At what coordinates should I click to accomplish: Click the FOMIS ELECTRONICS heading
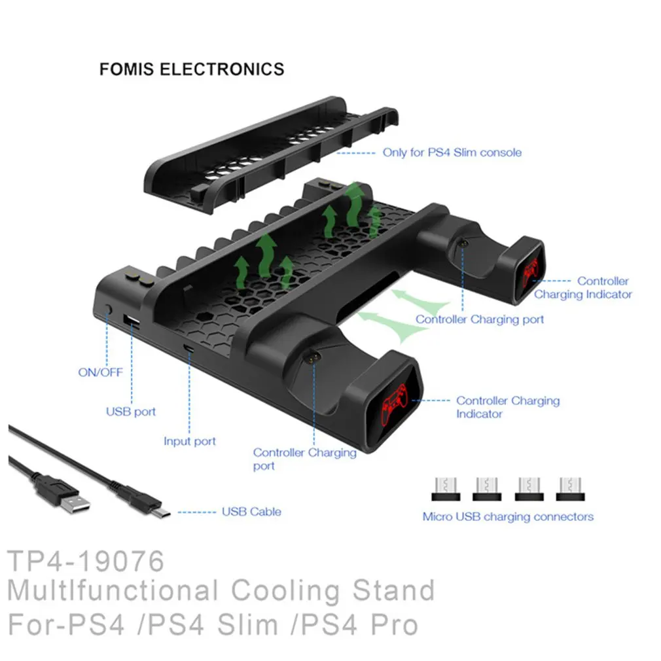point(192,69)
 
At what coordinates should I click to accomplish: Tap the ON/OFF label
point(100,372)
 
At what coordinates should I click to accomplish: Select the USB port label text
point(131,412)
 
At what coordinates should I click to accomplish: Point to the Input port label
point(190,441)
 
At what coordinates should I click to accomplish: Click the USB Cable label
point(252,511)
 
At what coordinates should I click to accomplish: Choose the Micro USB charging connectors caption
point(508,517)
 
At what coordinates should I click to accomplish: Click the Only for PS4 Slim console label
point(452,152)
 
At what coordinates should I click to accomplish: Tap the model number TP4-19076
point(86,561)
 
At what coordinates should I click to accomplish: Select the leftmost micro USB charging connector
point(446,489)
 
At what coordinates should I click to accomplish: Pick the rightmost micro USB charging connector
point(570,489)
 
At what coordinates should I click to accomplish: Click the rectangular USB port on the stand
point(132,321)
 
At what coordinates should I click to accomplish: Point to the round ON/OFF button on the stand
point(109,309)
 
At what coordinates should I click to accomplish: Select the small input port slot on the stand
point(188,348)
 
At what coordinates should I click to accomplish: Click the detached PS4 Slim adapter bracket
point(270,154)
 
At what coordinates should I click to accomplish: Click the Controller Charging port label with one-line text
point(480,319)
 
